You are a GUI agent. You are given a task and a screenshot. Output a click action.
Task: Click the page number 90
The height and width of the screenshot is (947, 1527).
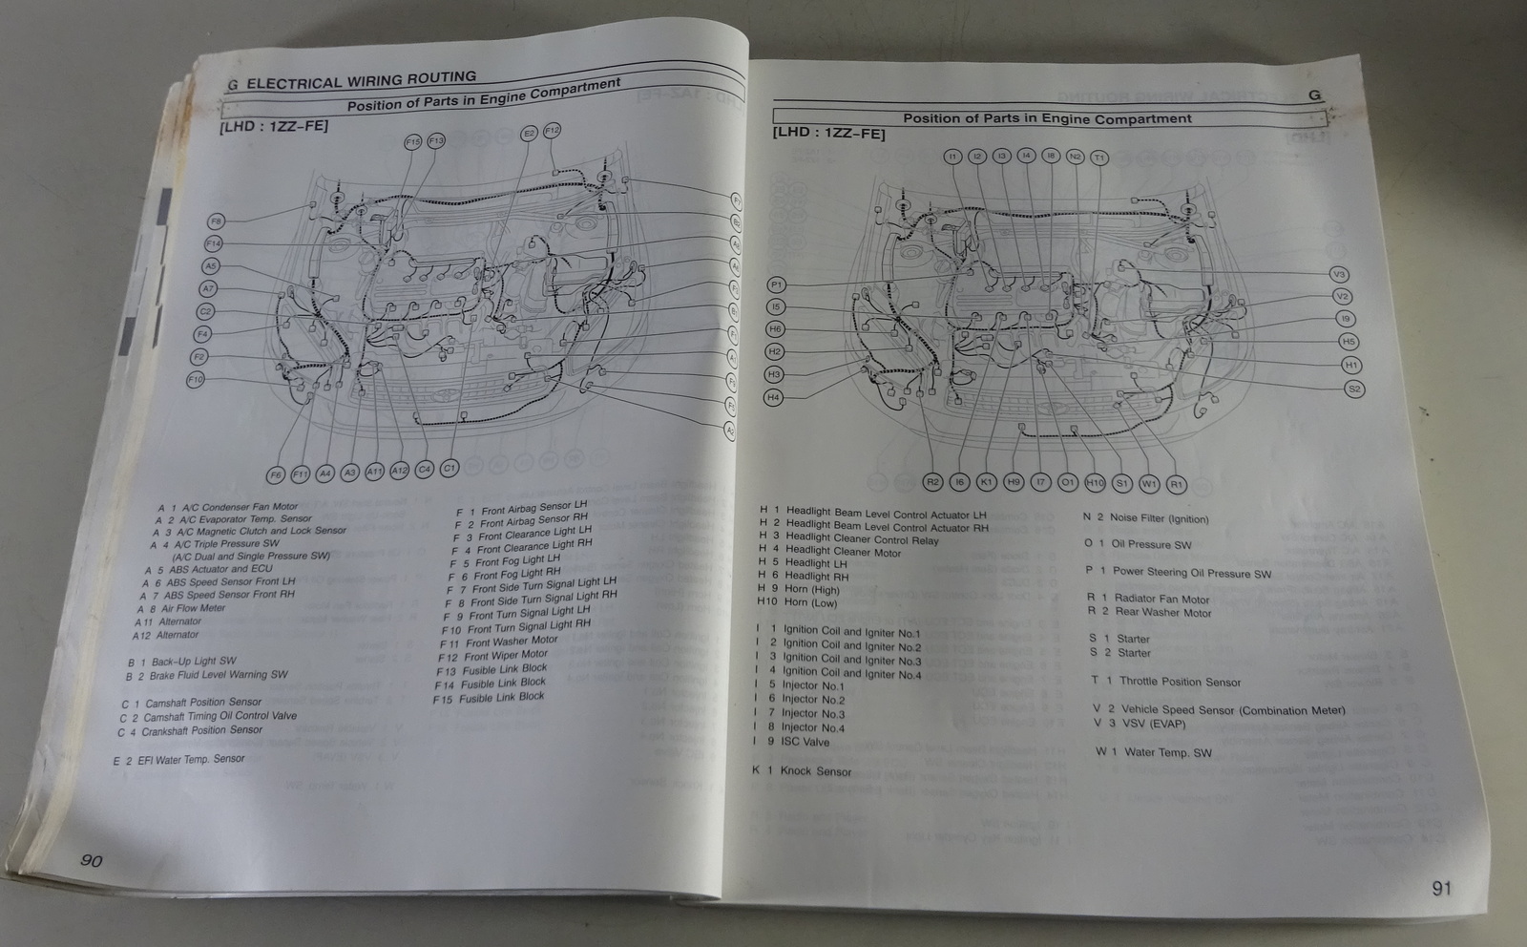click(x=91, y=860)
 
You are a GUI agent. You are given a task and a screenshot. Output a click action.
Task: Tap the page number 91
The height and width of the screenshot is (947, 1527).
click(x=1441, y=888)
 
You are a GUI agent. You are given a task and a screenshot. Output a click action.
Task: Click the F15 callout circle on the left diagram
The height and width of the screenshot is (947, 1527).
click(x=412, y=141)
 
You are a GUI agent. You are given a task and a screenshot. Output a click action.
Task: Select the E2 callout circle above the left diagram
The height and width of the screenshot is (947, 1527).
click(x=529, y=134)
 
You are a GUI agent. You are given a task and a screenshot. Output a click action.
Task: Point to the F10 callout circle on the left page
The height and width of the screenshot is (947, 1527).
click(x=196, y=380)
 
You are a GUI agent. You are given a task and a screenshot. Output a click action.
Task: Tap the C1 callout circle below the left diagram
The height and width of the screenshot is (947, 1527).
click(x=449, y=468)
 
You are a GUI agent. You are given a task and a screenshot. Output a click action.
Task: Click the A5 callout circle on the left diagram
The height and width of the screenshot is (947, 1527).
click(x=210, y=266)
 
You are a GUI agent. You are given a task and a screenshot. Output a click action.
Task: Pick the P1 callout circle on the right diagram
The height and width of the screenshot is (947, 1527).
click(x=777, y=284)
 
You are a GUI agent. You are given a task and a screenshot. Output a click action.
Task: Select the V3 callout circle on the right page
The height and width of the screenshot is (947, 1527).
click(x=1338, y=275)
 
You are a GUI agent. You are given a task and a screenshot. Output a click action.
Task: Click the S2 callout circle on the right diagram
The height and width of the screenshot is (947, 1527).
click(x=1354, y=389)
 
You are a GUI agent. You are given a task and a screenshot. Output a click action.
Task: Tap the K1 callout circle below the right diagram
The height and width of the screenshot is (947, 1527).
click(x=987, y=482)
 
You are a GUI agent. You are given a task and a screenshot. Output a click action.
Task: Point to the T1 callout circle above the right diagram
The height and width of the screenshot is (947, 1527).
click(x=1098, y=158)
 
